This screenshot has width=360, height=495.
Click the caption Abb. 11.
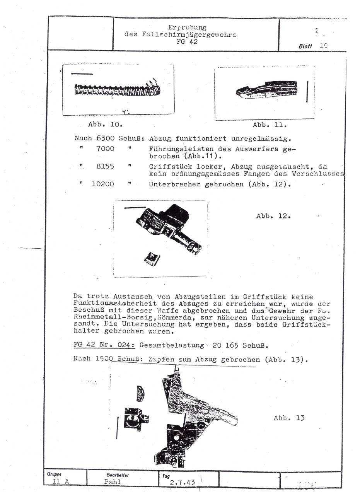click(x=270, y=125)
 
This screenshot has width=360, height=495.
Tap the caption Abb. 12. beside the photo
click(x=273, y=216)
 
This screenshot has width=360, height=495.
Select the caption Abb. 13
click(x=289, y=418)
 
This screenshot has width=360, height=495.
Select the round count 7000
click(x=105, y=149)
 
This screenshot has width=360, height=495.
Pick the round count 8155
click(x=105, y=167)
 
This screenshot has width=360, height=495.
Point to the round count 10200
click(x=103, y=184)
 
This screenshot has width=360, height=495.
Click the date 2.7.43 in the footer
click(x=183, y=482)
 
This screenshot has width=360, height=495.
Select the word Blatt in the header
click(x=306, y=45)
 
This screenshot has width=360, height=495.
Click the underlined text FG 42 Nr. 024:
click(x=104, y=345)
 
